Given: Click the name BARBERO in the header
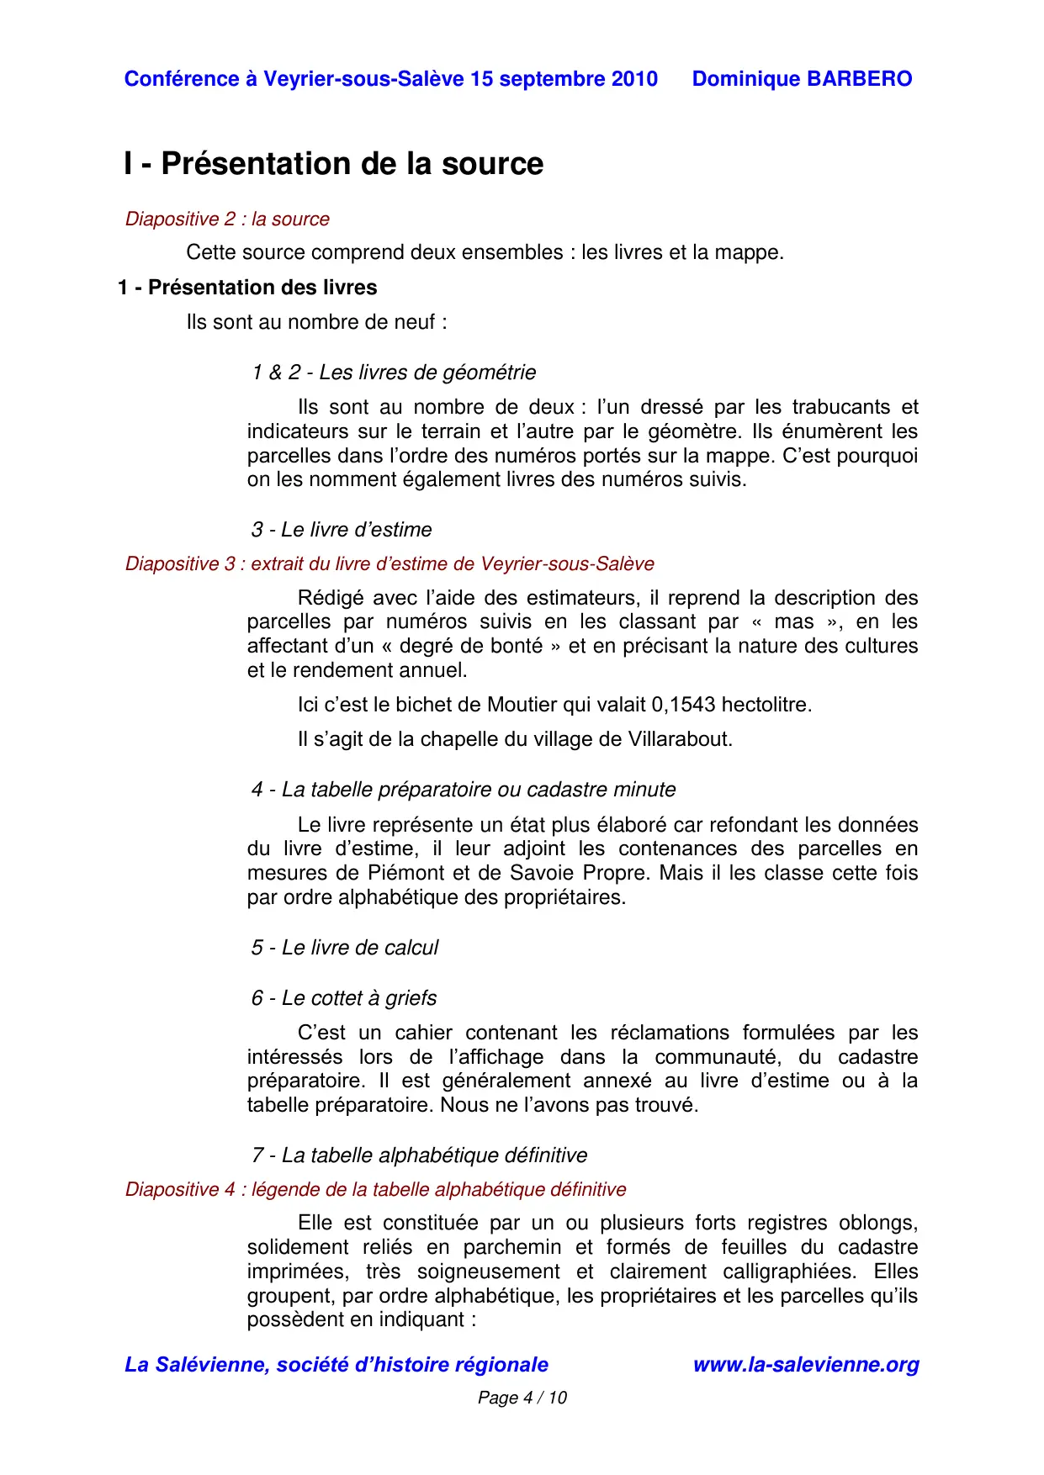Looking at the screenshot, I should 859,79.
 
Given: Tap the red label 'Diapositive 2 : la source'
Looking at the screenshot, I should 227,219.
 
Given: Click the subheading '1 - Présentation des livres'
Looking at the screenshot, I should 247,288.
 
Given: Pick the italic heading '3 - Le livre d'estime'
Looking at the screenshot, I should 341,530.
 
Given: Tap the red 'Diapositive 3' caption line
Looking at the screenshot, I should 390,563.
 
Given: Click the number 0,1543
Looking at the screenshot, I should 683,705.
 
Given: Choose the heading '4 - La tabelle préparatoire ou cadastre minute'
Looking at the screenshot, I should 464,790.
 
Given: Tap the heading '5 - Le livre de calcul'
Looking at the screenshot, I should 345,948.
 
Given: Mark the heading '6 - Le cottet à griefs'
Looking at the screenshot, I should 344,998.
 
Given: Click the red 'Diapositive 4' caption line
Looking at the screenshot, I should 375,1189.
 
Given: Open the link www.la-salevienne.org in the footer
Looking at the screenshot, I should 805,1365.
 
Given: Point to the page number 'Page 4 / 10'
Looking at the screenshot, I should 522,1398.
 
